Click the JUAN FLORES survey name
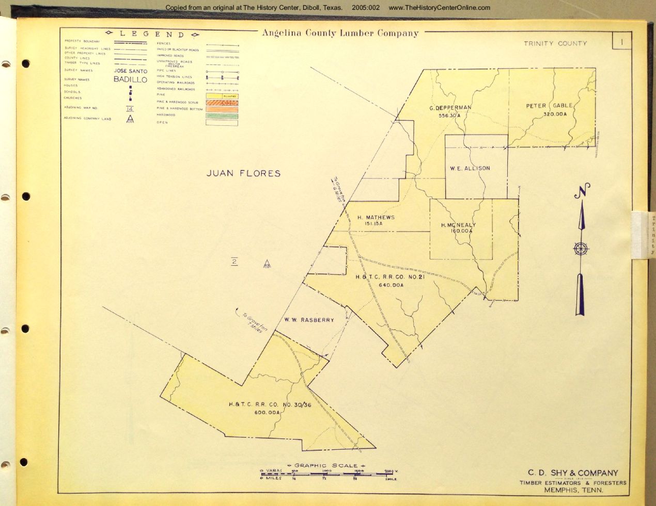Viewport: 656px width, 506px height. click(243, 173)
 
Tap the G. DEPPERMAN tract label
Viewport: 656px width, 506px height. click(450, 108)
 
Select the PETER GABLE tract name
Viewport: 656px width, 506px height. click(549, 106)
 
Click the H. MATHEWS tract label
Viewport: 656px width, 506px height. click(376, 217)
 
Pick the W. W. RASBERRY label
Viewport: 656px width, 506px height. click(309, 320)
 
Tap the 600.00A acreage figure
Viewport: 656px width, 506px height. click(267, 413)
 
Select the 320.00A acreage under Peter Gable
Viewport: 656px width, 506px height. click(555, 114)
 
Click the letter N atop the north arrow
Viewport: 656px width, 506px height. click(582, 191)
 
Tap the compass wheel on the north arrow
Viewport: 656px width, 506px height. click(581, 249)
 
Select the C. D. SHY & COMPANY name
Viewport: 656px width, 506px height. click(572, 473)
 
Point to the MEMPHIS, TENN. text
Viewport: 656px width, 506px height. click(573, 490)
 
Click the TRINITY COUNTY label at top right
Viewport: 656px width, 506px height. click(555, 43)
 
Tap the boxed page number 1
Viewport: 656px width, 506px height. click(622, 41)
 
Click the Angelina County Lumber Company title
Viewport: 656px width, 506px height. click(340, 34)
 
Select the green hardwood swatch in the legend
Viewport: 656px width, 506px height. click(222, 116)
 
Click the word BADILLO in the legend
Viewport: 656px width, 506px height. click(130, 80)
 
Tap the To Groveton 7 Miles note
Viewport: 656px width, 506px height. click(252, 322)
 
